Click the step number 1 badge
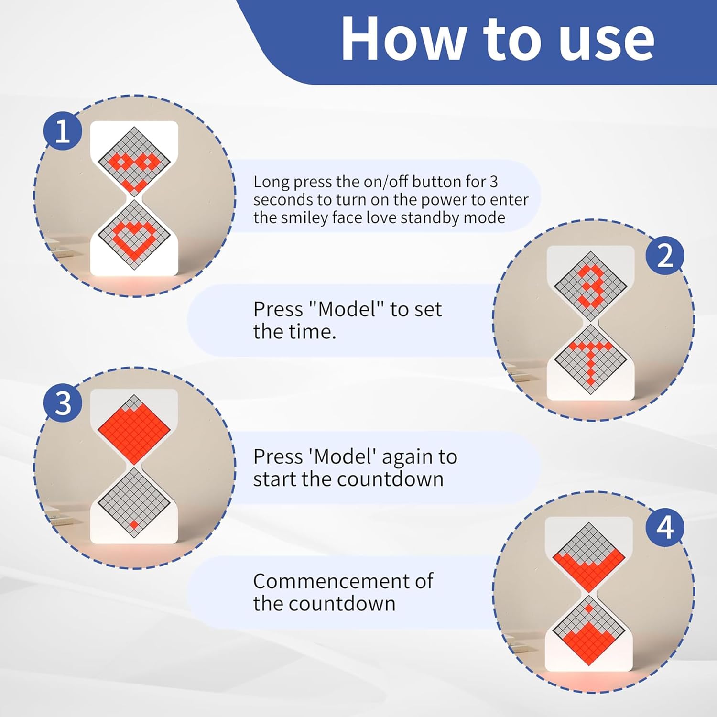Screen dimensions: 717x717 pyautogui.click(x=63, y=130)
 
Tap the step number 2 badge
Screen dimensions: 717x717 pyautogui.click(x=665, y=255)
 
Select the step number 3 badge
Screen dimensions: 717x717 pyautogui.click(x=63, y=403)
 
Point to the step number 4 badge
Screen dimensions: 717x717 pyautogui.click(x=665, y=527)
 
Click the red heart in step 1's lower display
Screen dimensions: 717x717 pyautogui.click(x=134, y=238)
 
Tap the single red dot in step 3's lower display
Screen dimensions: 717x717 pyautogui.click(x=134, y=524)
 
